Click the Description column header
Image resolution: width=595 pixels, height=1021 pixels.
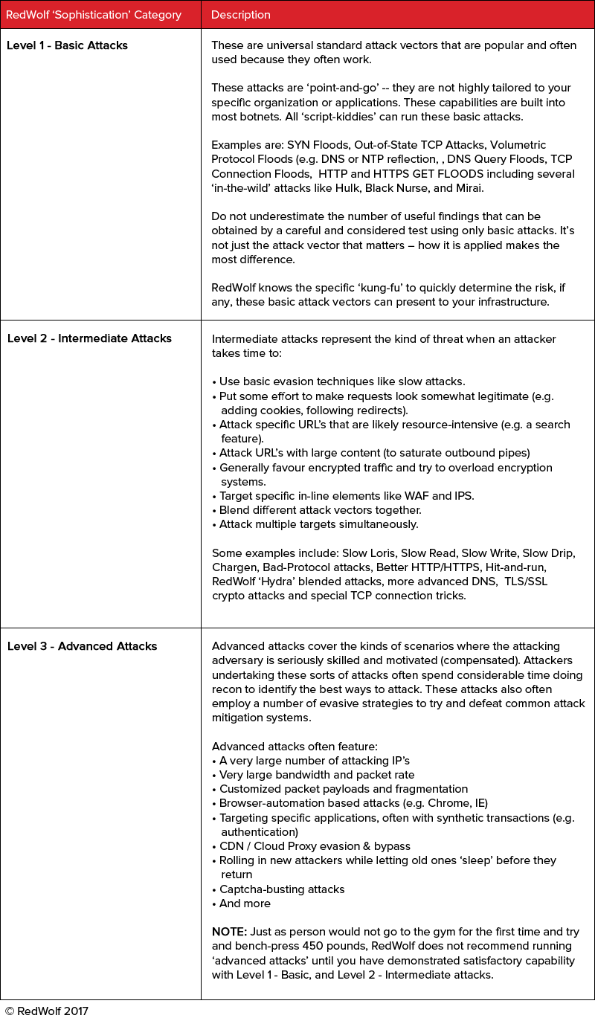[241, 15]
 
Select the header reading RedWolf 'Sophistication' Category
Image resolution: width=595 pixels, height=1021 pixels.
[93, 15]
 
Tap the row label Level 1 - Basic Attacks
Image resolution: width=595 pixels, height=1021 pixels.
[67, 45]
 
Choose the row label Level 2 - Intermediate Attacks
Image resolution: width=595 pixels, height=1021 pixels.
[89, 338]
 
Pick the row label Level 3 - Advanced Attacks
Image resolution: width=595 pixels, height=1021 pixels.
[82, 646]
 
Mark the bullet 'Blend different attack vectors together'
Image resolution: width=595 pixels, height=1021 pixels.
[321, 510]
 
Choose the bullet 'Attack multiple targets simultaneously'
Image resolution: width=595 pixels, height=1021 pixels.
[319, 524]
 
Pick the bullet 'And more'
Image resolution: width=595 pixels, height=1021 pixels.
[245, 904]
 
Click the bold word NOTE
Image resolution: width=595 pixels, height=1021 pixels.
[228, 932]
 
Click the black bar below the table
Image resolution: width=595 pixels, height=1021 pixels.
[47, 1011]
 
